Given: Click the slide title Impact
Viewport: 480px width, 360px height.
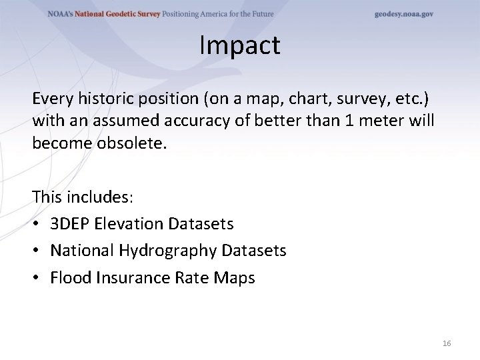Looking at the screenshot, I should pyautogui.click(x=239, y=46).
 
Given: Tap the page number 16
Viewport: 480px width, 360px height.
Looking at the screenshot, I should pyautogui.click(x=447, y=343).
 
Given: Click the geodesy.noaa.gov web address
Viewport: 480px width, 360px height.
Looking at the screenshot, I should pyautogui.click(x=403, y=14).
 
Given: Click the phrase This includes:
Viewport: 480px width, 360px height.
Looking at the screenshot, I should pyautogui.click(x=83, y=197).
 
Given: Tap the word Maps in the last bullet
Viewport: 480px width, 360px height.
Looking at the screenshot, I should pyautogui.click(x=233, y=277).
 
